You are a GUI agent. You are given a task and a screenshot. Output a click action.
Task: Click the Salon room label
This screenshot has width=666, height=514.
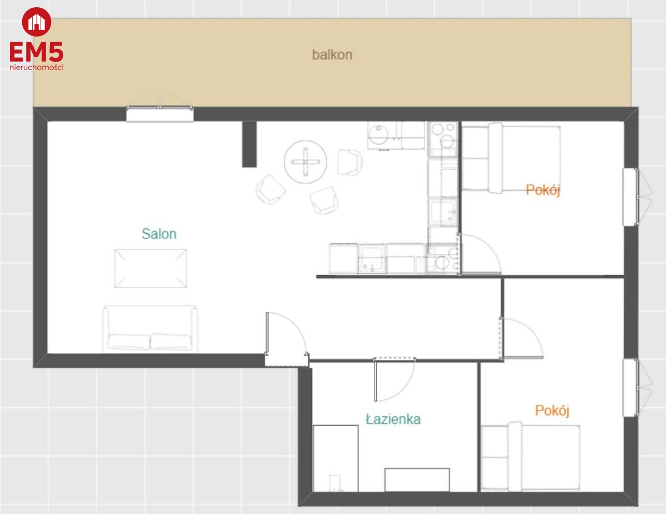coord(159,234)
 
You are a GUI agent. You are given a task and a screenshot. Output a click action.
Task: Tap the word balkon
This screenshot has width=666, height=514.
coord(332,54)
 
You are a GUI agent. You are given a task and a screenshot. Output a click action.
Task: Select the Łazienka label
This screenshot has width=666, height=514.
coord(393,419)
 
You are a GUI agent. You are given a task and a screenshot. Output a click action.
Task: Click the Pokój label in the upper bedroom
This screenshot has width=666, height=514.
coord(543,190)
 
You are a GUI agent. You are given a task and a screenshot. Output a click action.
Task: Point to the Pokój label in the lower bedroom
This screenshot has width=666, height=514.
coord(552,411)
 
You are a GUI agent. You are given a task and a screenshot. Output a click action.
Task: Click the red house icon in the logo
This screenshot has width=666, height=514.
coord(37,22)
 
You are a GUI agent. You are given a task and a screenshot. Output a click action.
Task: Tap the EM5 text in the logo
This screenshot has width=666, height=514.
coord(37,52)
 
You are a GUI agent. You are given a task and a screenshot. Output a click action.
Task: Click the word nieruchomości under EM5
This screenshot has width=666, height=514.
coord(37,67)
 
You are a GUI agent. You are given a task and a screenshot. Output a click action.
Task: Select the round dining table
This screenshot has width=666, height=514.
coord(305,162)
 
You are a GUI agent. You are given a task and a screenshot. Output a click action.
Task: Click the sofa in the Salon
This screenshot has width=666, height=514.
coord(150,329)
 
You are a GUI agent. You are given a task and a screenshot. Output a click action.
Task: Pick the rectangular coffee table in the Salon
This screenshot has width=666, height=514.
coord(150,268)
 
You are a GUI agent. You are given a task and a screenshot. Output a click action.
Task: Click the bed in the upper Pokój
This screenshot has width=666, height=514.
coord(511,158)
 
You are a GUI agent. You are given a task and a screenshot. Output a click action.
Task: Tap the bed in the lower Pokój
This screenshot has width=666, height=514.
coord(531,456)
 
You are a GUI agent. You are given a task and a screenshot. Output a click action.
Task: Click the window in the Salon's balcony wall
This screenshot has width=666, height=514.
coord(160,113)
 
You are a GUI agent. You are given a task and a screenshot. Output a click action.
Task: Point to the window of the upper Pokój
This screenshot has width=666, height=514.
coord(631,197)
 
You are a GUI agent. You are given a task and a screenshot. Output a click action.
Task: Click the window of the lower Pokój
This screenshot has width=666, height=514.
coord(631,388)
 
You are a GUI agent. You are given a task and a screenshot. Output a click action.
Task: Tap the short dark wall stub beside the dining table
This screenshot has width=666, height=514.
coord(249,144)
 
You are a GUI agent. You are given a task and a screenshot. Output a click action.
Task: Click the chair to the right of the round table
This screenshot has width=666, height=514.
coord(350,162)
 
